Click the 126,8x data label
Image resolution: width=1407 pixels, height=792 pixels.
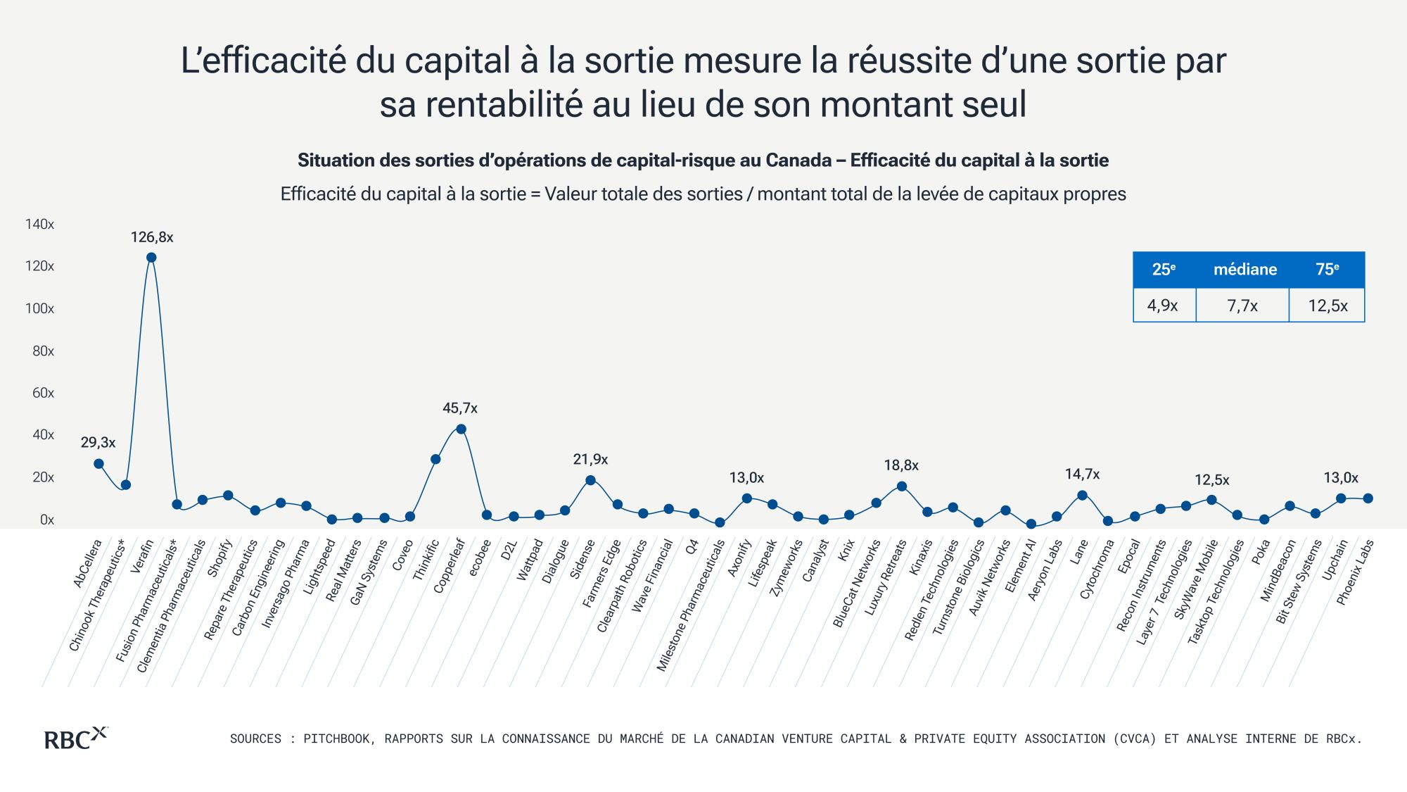pyautogui.click(x=152, y=237)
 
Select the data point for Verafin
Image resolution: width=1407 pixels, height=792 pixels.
pyautogui.click(x=151, y=258)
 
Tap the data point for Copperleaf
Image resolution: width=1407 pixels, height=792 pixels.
pyautogui.click(x=461, y=429)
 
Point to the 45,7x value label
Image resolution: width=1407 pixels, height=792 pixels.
pyautogui.click(x=460, y=408)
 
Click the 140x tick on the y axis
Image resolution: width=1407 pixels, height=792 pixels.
pyautogui.click(x=39, y=224)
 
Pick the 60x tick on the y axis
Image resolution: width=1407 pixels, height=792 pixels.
pyautogui.click(x=43, y=393)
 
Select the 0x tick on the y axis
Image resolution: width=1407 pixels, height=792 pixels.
pyautogui.click(x=47, y=520)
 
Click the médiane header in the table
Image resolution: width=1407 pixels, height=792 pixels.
pyautogui.click(x=1245, y=270)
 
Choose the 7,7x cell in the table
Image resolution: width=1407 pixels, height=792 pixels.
pyautogui.click(x=1242, y=306)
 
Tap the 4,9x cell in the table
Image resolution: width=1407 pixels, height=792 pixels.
pyautogui.click(x=1163, y=306)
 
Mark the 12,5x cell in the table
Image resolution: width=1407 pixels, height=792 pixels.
pyautogui.click(x=1328, y=306)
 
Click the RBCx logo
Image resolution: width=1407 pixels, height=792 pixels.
pyautogui.click(x=76, y=738)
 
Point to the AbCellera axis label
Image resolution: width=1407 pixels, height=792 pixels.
pyautogui.click(x=88, y=562)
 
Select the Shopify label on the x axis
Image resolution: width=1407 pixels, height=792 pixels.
pyautogui.click(x=219, y=558)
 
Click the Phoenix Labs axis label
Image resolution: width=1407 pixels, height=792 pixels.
pyautogui.click(x=1355, y=572)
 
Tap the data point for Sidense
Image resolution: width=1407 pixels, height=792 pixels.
pyautogui.click(x=591, y=481)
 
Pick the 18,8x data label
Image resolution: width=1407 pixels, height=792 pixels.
pyautogui.click(x=901, y=465)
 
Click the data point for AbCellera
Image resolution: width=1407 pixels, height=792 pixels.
pyautogui.click(x=99, y=464)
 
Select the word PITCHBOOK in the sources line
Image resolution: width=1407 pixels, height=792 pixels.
pyautogui.click(x=334, y=738)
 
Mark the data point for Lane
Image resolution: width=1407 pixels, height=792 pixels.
pyautogui.click(x=1083, y=496)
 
